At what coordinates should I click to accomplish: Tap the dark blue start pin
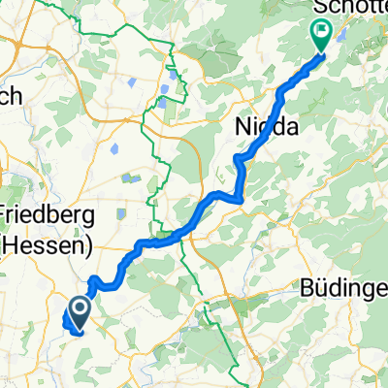(x=78, y=310)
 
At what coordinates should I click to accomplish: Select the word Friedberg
(x=46, y=213)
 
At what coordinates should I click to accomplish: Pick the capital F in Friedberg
(x=6, y=213)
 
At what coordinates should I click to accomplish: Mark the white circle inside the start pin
(x=78, y=307)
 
